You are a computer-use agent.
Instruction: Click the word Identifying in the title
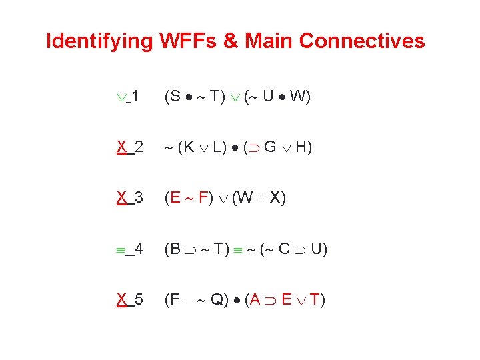coord(99,41)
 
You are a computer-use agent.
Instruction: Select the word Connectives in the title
coord(362,41)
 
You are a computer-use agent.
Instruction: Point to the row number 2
coord(139,147)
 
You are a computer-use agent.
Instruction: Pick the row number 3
coord(139,198)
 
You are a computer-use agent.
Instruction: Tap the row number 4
coord(139,249)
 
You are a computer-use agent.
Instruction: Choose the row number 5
coord(139,300)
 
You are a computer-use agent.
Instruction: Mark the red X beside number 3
coord(122,198)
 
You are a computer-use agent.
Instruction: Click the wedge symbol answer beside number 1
coord(121,97)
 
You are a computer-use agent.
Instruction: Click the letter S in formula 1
coord(175,97)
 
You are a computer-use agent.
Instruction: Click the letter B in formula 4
coord(175,249)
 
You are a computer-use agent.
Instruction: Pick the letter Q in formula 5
coord(217,300)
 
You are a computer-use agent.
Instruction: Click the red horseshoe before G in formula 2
coord(254,148)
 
